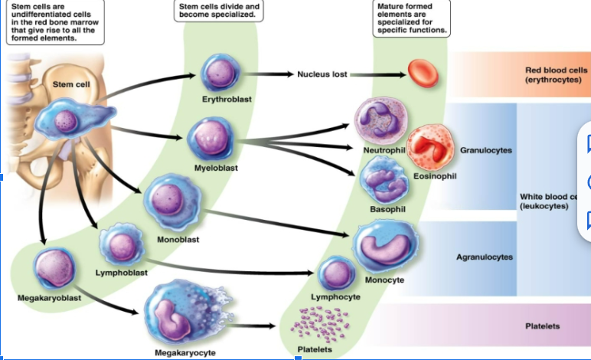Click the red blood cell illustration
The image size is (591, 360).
pos(422,73)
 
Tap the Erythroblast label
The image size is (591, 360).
pos(227,100)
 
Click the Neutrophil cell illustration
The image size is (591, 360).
pos(380,122)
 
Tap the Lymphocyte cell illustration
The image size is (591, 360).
pos(336,274)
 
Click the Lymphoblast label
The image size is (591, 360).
pos(122,272)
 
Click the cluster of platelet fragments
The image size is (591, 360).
pos(315,324)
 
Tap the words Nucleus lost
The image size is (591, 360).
pos(322,74)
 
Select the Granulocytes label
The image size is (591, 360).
pos(485,151)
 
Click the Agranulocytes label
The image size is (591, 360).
pos(485,257)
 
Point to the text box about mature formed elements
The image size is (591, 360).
pos(411,18)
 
